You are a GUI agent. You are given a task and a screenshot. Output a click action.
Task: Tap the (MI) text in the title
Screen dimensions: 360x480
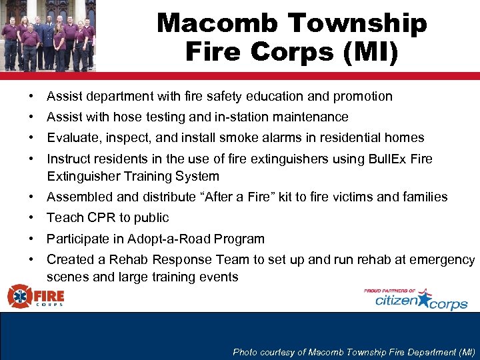coord(373,53)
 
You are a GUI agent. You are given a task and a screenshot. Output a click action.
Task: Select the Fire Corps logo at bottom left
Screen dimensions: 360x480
coord(36,295)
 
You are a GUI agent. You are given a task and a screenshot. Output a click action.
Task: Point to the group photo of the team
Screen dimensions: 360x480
coord(48,35)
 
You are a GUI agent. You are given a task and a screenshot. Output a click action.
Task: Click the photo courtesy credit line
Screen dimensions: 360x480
coord(354,352)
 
